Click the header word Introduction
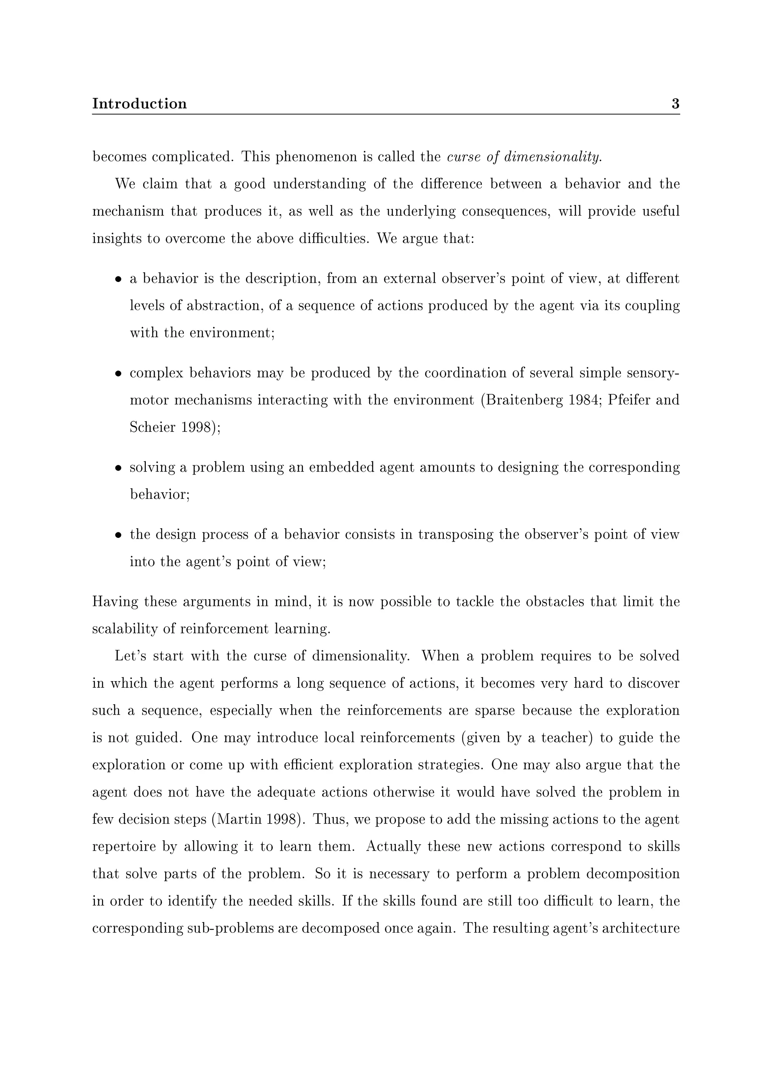tap(139, 104)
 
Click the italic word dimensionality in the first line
tap(552, 157)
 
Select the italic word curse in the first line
tap(462, 157)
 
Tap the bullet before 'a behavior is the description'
tap(119, 279)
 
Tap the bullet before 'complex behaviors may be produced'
tap(119, 374)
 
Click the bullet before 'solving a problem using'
tap(119, 468)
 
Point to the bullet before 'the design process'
tap(119, 535)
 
